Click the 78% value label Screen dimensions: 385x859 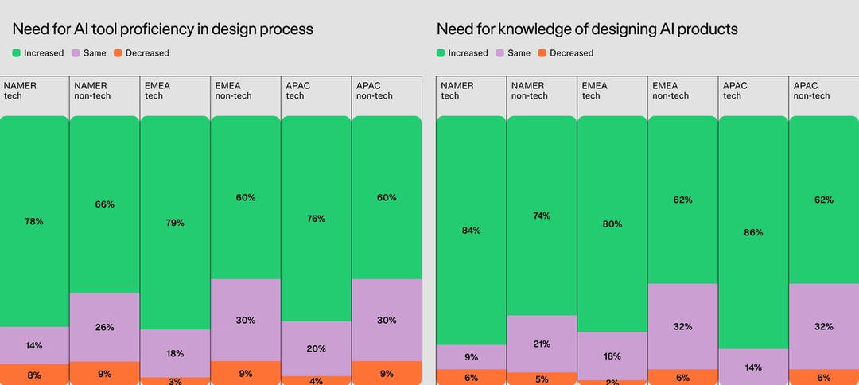(33, 221)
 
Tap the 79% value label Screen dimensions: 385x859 (175, 223)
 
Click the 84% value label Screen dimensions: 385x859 (471, 231)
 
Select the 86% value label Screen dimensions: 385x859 (752, 233)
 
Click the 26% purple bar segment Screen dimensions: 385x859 (105, 327)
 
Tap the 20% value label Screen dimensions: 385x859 (316, 348)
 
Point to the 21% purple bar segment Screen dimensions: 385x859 (541, 344)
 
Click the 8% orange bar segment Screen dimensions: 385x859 (33, 375)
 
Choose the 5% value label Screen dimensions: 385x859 (541, 379)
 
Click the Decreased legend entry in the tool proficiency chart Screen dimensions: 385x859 (141, 53)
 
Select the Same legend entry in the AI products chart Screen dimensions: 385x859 (512, 53)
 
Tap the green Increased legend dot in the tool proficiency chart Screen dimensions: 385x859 (17, 53)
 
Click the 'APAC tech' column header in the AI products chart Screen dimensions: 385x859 (735, 91)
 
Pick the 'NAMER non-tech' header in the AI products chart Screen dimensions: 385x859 (529, 91)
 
